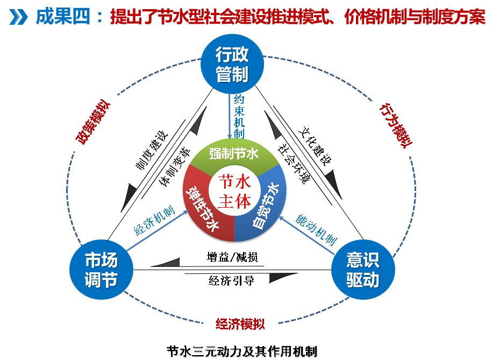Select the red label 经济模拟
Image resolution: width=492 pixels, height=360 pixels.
click(240, 324)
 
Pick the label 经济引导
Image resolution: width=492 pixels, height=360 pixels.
click(231, 280)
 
